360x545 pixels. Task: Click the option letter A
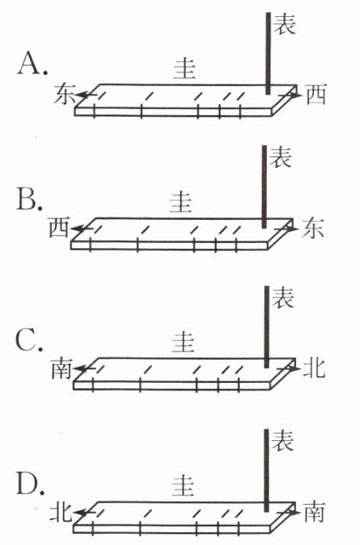coord(30,64)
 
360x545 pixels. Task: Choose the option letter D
coord(28,483)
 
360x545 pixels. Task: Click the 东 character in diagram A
coord(64,93)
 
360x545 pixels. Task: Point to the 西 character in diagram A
coord(316,95)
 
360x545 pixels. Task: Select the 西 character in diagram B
coord(60,227)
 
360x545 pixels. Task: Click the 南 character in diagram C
coord(61,368)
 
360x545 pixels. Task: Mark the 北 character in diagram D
coord(61,511)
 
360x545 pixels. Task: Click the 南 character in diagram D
coord(315,512)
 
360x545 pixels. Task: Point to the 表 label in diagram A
coord(285,24)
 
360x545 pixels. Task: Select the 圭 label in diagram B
coord(181,202)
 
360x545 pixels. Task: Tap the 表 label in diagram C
coord(283,297)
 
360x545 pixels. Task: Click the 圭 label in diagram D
coord(183,485)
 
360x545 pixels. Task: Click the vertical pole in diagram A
coord(268,53)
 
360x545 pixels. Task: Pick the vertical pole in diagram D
coord(266,470)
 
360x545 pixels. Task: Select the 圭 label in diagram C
coord(183,341)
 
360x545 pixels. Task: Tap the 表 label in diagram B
coord(281,157)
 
